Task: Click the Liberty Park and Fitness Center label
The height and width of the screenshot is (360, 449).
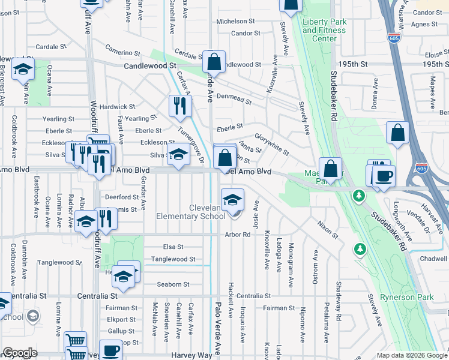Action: click(x=324, y=30)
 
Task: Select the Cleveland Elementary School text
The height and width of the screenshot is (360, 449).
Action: click(x=190, y=212)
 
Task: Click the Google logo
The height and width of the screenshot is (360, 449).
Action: click(x=20, y=353)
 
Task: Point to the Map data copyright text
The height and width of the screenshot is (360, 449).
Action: click(x=412, y=355)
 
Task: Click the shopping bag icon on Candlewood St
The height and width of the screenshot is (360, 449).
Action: click(x=213, y=61)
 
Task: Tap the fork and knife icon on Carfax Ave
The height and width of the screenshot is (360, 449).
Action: click(x=179, y=106)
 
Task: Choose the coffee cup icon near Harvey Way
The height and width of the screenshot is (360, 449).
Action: click(x=110, y=350)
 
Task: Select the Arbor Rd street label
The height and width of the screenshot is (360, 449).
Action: click(x=238, y=235)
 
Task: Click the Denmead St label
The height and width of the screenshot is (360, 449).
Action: click(x=234, y=99)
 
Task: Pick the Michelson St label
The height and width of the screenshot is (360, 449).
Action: click(x=235, y=22)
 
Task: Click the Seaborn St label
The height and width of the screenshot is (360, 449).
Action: click(x=173, y=284)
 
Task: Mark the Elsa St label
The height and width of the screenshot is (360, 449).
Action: click(x=172, y=247)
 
